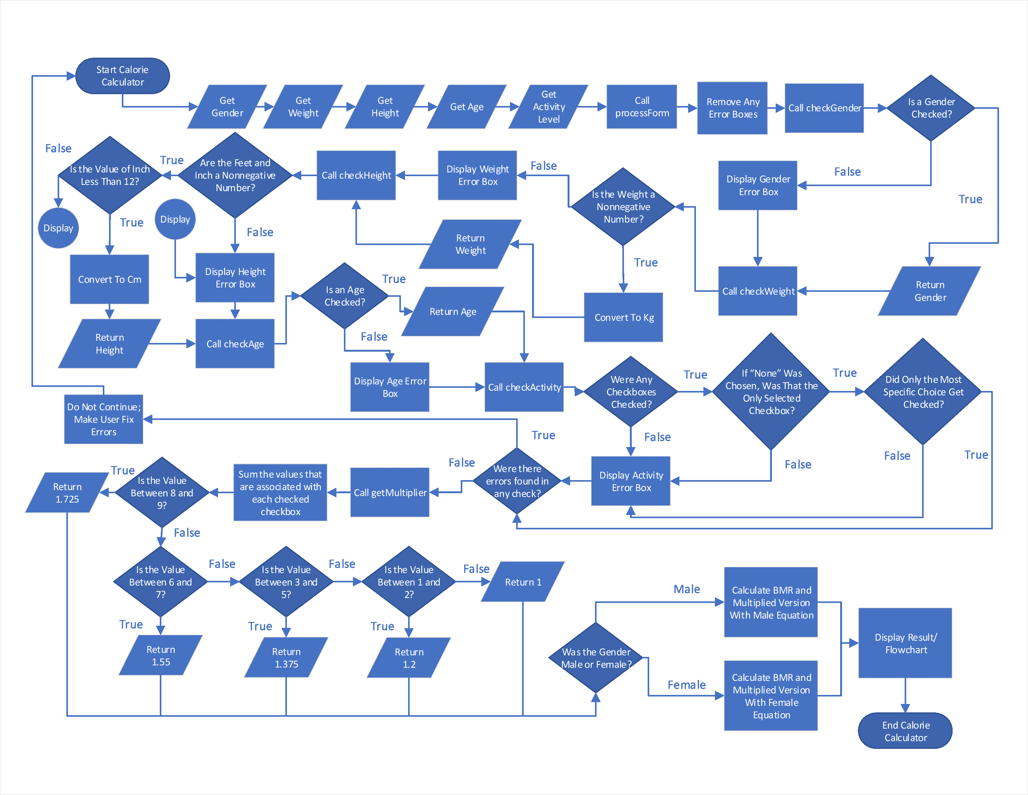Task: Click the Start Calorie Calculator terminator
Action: pyautogui.click(x=122, y=76)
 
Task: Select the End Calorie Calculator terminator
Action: pyautogui.click(x=905, y=731)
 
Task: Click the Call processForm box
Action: pyautogui.click(x=641, y=107)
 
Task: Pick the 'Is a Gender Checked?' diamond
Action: pyautogui.click(x=930, y=108)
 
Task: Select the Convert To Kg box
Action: pyautogui.click(x=624, y=317)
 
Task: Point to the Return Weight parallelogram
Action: pyautogui.click(x=470, y=244)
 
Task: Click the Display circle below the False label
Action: pyautogui.click(x=58, y=228)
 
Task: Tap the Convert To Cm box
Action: pyautogui.click(x=110, y=279)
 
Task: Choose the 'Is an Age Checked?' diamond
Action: pyautogui.click(x=345, y=296)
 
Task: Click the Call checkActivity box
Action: pyautogui.click(x=524, y=387)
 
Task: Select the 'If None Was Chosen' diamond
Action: pyautogui.click(x=771, y=391)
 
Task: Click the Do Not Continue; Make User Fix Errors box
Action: pyautogui.click(x=103, y=419)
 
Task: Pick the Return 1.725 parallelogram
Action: pyautogui.click(x=67, y=493)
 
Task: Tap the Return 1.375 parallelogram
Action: pyautogui.click(x=286, y=658)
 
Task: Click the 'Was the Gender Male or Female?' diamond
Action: pyautogui.click(x=596, y=658)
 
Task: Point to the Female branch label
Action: pyautogui.click(x=686, y=685)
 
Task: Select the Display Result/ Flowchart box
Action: pyautogui.click(x=905, y=643)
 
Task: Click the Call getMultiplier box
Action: pyautogui.click(x=390, y=493)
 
